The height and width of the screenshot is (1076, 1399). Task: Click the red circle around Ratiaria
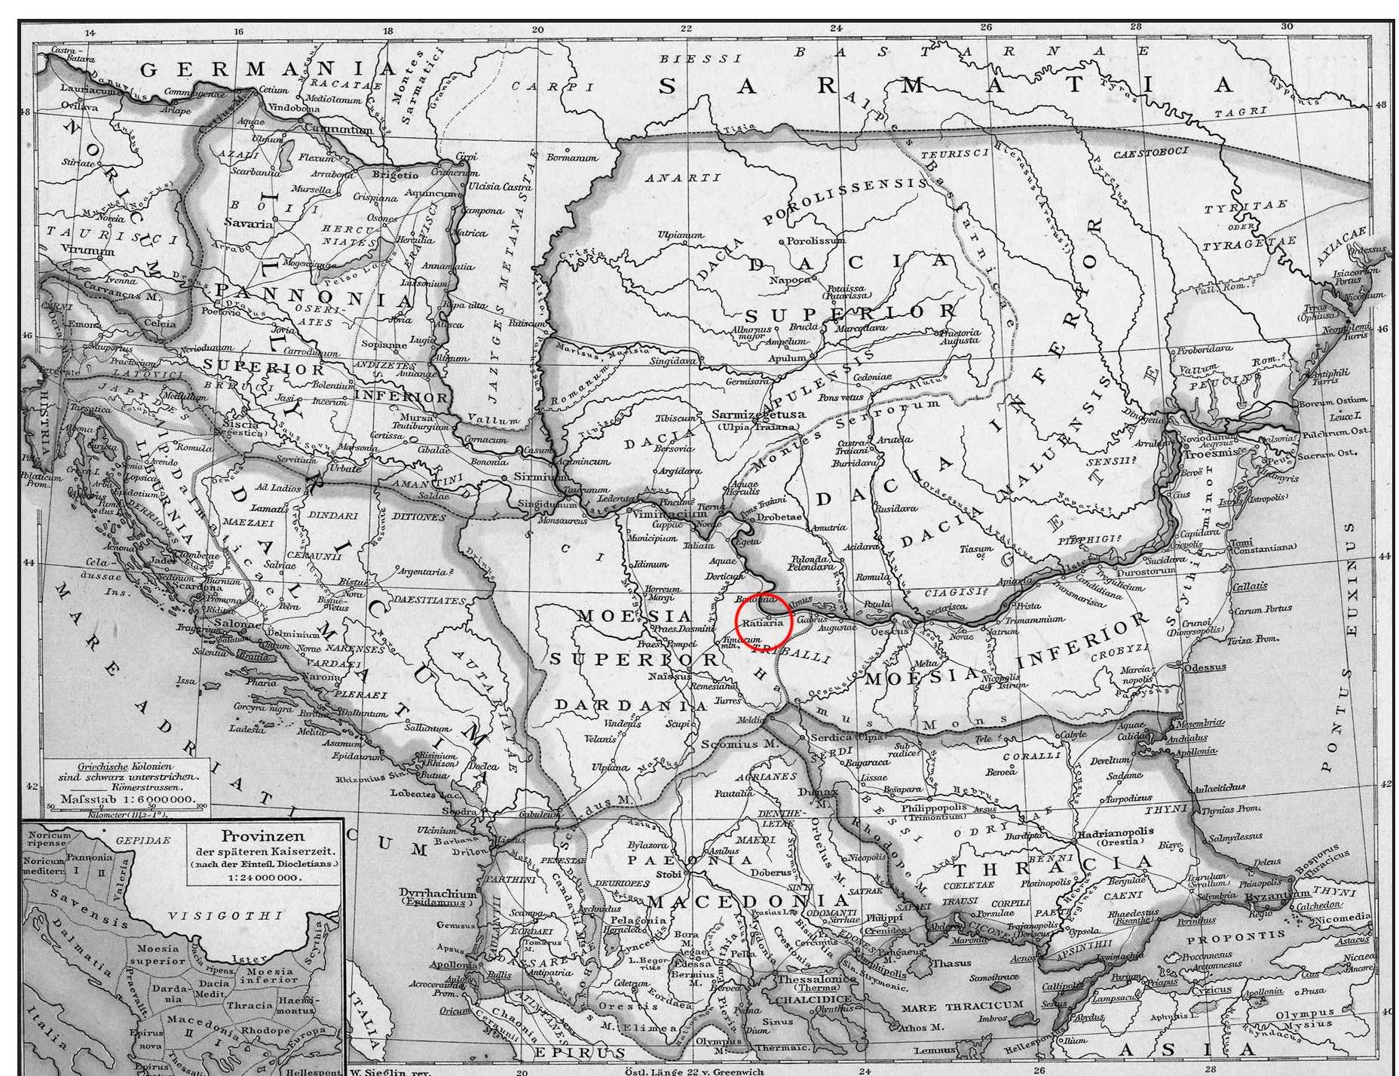(x=763, y=621)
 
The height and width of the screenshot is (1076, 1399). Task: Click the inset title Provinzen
(x=252, y=836)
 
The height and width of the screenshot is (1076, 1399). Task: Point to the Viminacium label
(x=665, y=511)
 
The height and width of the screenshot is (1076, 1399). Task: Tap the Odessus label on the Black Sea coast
(x=1205, y=667)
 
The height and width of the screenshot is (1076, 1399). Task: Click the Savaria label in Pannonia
(x=248, y=223)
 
